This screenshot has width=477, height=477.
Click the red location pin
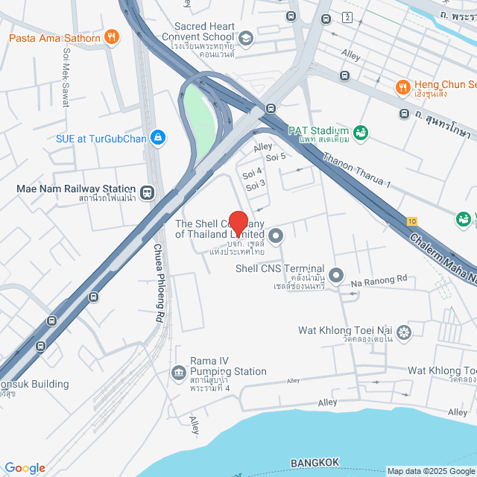(238, 223)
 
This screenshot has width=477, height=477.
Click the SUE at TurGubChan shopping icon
(157, 137)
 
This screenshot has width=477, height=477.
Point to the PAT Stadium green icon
(361, 133)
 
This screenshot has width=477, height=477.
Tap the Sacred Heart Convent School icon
(246, 38)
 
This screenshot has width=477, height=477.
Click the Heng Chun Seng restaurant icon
(403, 86)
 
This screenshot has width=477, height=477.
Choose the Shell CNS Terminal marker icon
(336, 276)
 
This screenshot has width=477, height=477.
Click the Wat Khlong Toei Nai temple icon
(404, 332)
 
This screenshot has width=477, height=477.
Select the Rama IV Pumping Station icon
(178, 372)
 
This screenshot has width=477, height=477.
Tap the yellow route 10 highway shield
(412, 221)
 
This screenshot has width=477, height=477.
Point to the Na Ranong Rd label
(380, 280)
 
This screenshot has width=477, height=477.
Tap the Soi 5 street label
(276, 157)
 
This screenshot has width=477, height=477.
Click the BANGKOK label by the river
(315, 463)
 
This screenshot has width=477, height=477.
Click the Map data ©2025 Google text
(431, 471)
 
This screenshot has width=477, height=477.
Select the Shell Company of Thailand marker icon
(277, 237)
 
